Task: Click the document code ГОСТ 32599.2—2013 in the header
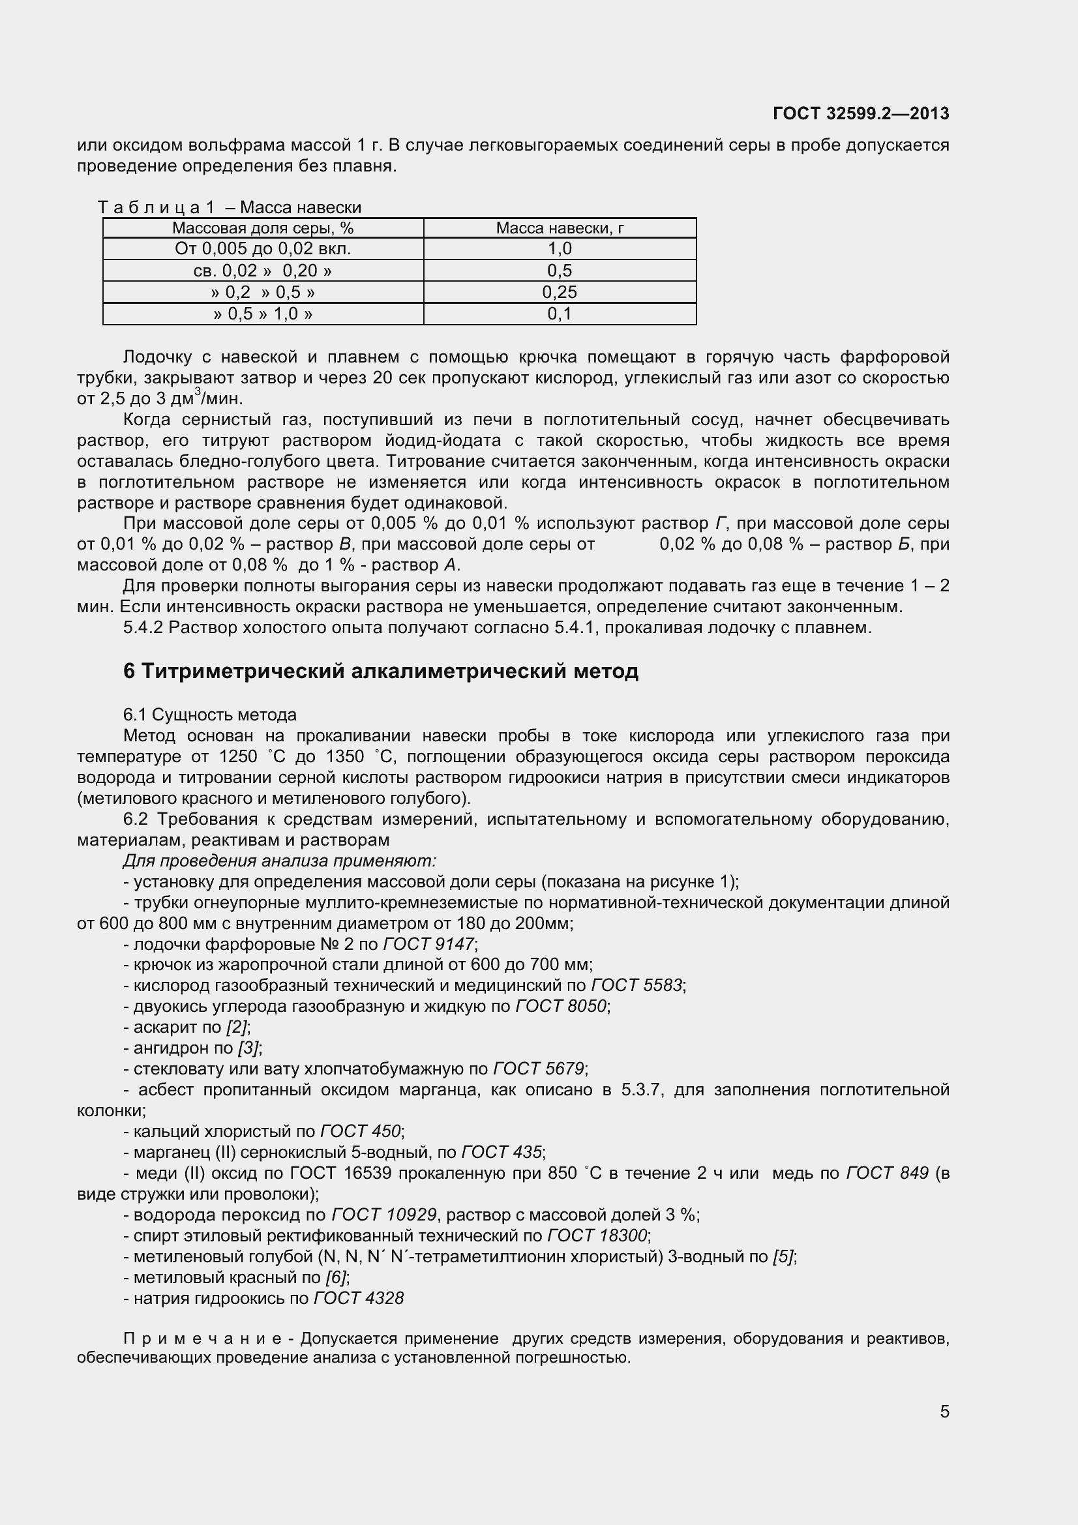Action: click(x=861, y=113)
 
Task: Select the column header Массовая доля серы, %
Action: click(x=263, y=228)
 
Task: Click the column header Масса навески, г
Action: click(x=560, y=228)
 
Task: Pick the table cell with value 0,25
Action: click(x=560, y=292)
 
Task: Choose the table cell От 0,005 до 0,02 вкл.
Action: click(x=263, y=249)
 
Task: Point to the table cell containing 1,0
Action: click(x=560, y=249)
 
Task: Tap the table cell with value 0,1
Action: click(x=560, y=314)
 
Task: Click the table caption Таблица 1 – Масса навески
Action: click(x=230, y=208)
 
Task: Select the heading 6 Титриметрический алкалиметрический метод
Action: click(x=381, y=672)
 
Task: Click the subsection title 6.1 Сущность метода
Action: click(x=210, y=715)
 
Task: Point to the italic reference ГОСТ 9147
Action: click(x=429, y=944)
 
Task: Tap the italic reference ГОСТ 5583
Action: click(x=636, y=985)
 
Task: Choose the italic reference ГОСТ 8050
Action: click(x=561, y=1006)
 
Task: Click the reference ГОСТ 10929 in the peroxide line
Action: click(x=384, y=1215)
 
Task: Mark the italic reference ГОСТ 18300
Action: click(x=597, y=1236)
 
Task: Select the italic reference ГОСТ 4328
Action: click(x=359, y=1298)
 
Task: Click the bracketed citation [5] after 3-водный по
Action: click(x=783, y=1256)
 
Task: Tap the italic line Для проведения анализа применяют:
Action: click(x=280, y=861)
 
